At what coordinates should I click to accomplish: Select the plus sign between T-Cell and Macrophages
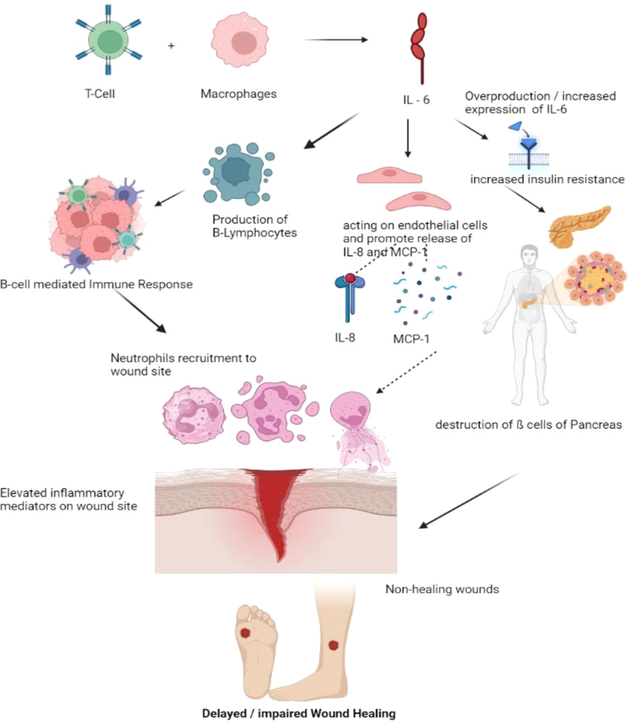tap(171, 46)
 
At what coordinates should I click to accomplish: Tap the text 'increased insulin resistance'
tap(547, 180)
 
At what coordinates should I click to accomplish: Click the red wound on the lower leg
tap(333, 645)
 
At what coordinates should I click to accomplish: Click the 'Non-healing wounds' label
tap(442, 589)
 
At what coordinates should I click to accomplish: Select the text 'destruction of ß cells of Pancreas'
tap(528, 425)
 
